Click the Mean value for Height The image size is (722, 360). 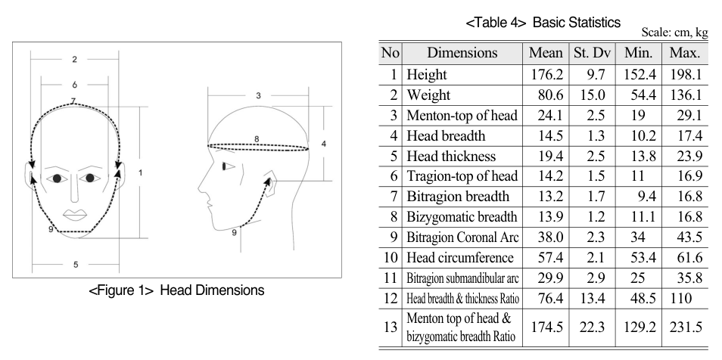(x=546, y=75)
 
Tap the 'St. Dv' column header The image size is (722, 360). (x=592, y=52)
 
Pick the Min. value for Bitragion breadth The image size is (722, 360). (x=646, y=197)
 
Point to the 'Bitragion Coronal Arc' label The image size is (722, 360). (x=462, y=237)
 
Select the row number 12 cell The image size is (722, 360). (x=390, y=298)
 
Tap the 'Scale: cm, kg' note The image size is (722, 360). (x=674, y=33)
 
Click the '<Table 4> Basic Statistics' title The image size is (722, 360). (x=543, y=22)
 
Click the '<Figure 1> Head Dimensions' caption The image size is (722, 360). (x=176, y=290)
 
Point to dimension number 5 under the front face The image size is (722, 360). (x=76, y=264)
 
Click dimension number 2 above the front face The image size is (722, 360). (x=75, y=60)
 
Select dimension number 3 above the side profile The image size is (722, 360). (x=258, y=96)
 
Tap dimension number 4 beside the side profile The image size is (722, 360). (x=324, y=144)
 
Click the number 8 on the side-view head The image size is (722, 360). (x=257, y=139)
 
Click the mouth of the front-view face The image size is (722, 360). (x=76, y=215)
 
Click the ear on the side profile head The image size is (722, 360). (x=271, y=183)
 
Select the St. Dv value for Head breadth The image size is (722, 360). (x=596, y=136)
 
